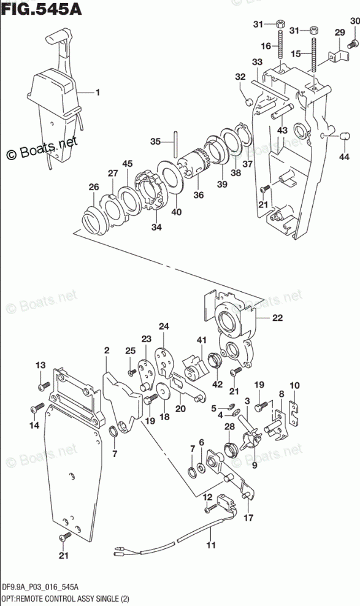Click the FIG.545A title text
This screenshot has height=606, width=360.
(41, 9)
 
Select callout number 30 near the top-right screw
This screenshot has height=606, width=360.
(354, 21)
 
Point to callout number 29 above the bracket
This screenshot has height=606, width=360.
(339, 33)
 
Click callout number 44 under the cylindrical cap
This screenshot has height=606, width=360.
(344, 156)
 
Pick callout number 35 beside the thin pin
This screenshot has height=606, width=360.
(155, 142)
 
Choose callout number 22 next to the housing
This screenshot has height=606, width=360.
(277, 318)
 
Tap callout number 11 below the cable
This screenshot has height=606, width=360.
(211, 545)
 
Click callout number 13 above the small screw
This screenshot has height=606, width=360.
(40, 365)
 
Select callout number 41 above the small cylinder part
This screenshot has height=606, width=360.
(201, 340)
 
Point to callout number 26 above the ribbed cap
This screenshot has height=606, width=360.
(94, 187)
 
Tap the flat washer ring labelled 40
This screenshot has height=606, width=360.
(169, 176)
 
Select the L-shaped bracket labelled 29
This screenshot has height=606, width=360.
(339, 55)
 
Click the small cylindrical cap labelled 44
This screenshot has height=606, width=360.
(343, 137)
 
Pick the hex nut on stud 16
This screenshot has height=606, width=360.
(281, 23)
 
